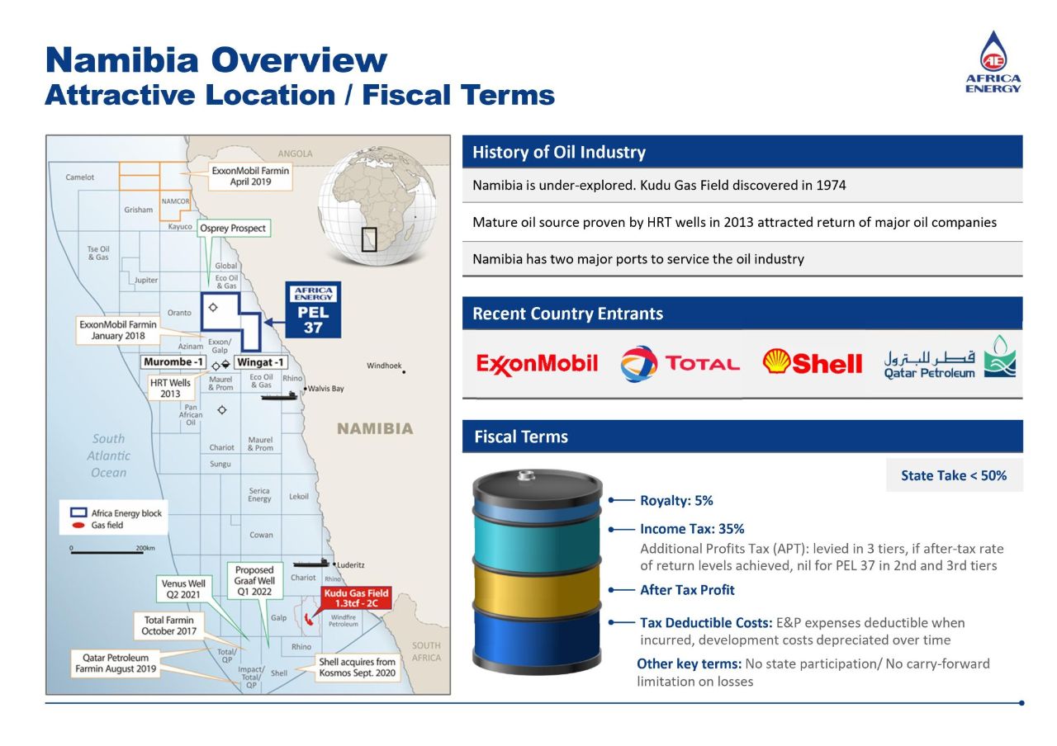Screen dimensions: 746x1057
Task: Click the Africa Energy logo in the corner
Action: click(x=993, y=62)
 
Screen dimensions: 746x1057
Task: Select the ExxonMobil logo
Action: click(x=537, y=363)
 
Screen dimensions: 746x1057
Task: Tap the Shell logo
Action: click(x=813, y=362)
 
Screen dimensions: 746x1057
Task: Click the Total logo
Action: click(x=680, y=363)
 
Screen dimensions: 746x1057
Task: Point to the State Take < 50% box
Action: click(x=954, y=475)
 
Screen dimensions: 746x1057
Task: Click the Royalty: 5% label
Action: click(x=676, y=500)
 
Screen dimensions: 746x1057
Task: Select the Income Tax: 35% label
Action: click(x=692, y=529)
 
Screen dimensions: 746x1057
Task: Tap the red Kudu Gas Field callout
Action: click(x=356, y=598)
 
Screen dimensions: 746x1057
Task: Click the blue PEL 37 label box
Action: click(x=313, y=309)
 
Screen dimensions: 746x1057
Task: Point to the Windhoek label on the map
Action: click(x=384, y=366)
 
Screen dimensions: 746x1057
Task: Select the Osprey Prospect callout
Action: click(x=234, y=228)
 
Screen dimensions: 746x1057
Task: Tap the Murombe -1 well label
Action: click(x=173, y=362)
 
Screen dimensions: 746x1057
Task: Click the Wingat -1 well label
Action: click(x=260, y=362)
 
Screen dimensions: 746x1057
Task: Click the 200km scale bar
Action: click(x=107, y=552)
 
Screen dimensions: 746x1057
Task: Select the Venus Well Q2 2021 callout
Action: click(x=183, y=588)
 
